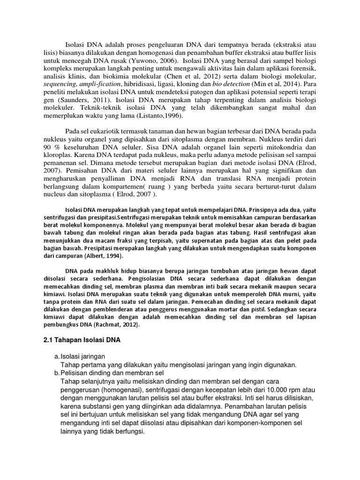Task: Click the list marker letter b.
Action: [56, 373]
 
